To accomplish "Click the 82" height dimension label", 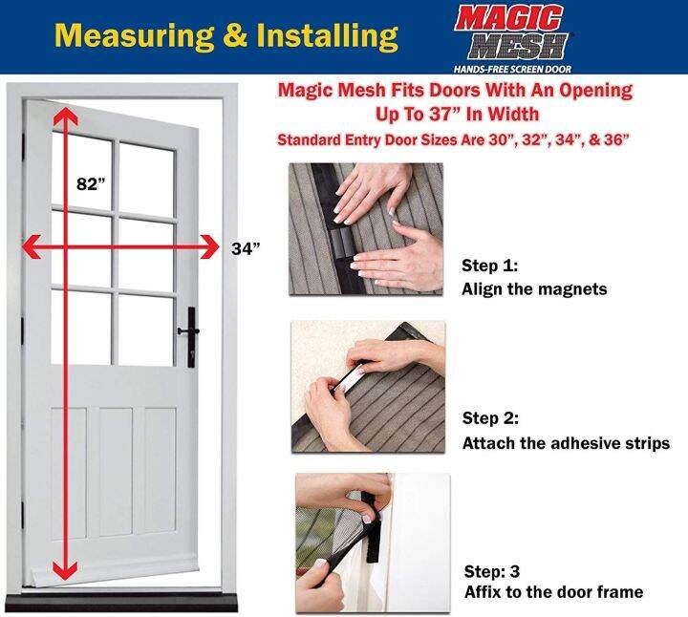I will tap(90, 184).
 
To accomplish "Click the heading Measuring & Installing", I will tap(226, 35).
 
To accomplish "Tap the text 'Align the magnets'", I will tap(534, 289).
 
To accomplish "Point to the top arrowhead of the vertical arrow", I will tap(64, 116).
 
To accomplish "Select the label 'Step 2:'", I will tap(494, 418).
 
